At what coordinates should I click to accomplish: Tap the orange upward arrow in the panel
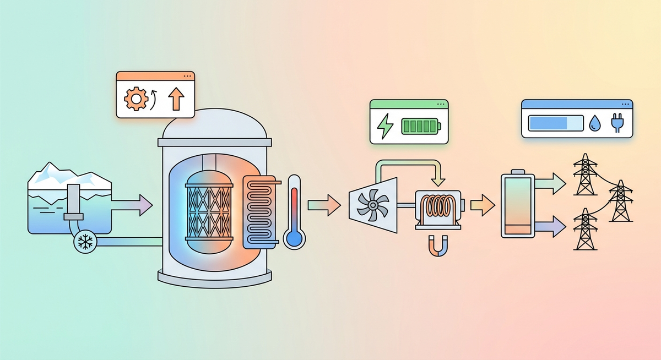[176, 100]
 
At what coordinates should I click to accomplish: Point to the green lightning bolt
[384, 126]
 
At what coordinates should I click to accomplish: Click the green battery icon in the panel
[420, 126]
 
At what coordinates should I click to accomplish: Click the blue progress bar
[555, 123]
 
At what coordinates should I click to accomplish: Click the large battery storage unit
[518, 205]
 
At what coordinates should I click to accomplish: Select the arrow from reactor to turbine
[324, 205]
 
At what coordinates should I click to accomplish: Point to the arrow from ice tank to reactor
[132, 205]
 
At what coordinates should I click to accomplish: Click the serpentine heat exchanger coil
[259, 212]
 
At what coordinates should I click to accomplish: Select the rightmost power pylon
[620, 201]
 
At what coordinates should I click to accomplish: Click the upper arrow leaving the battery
[551, 184]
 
